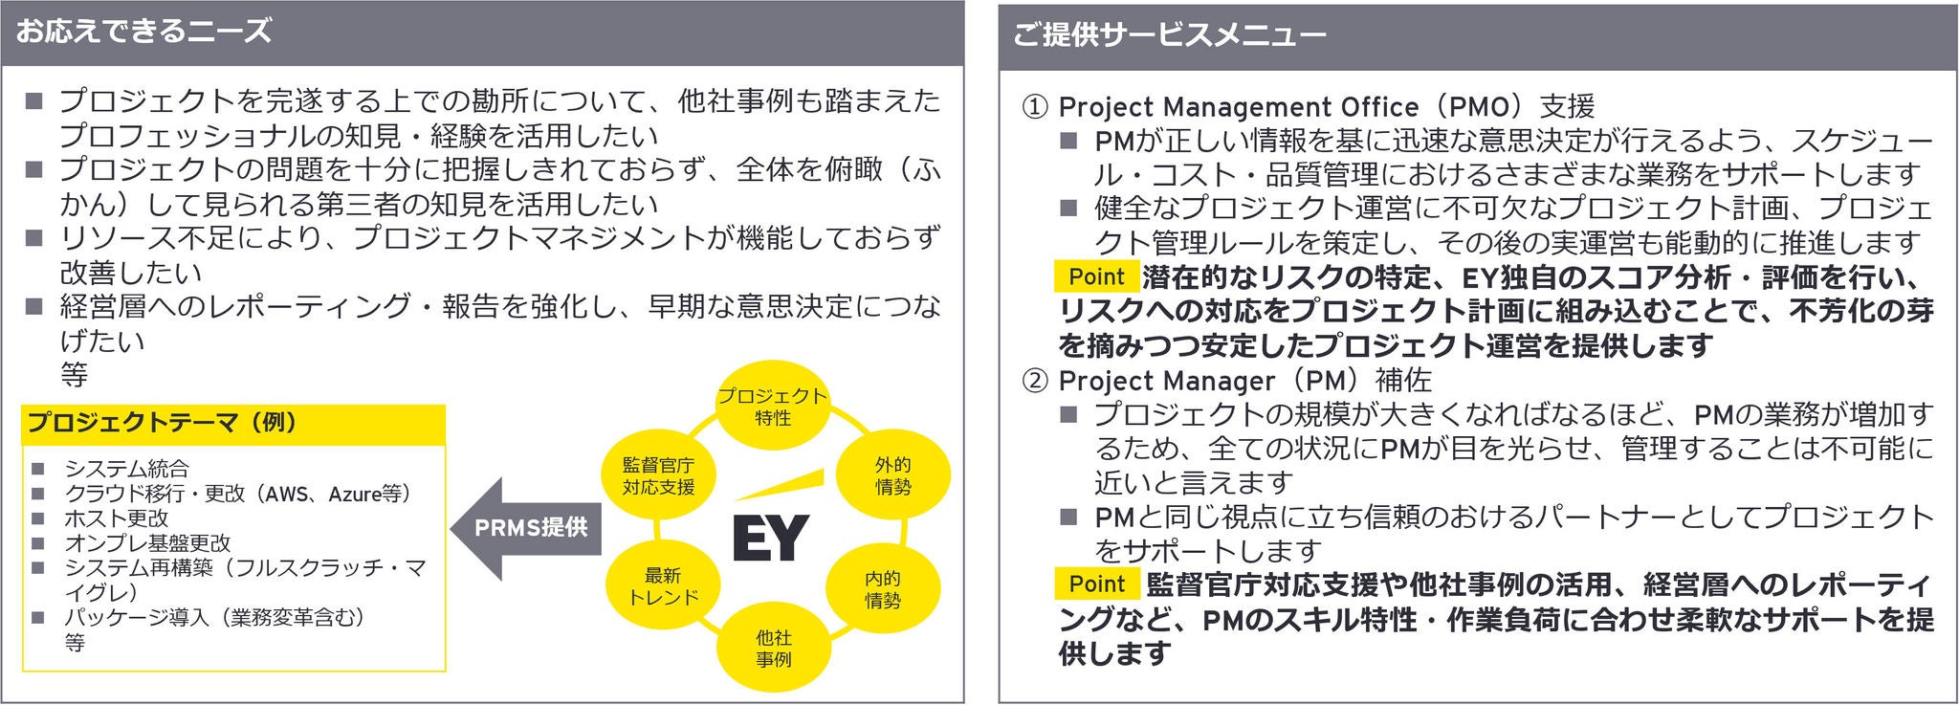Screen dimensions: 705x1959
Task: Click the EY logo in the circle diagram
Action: (x=771, y=538)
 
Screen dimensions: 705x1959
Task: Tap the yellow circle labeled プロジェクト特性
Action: (x=772, y=407)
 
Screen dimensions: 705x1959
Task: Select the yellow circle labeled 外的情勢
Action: (x=892, y=475)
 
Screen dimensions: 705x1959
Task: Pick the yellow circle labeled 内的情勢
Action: (x=882, y=589)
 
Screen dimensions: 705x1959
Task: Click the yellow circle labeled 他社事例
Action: (x=773, y=648)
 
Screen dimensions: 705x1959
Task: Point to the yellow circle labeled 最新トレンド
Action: (x=662, y=586)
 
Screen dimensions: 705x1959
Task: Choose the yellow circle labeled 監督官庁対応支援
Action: (x=658, y=475)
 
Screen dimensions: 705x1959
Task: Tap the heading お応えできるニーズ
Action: (x=143, y=32)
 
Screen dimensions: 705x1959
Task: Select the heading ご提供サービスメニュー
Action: (x=1169, y=35)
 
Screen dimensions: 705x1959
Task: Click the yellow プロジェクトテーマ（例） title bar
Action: (x=233, y=423)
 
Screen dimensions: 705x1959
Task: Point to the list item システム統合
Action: (x=126, y=469)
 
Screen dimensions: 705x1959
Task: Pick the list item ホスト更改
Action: (x=116, y=518)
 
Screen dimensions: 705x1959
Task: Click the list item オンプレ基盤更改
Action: (x=147, y=543)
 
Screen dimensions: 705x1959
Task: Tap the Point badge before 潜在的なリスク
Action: (x=1096, y=276)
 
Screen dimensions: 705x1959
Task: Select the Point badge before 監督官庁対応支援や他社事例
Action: (x=1096, y=584)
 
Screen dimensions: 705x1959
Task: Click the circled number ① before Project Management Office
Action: (x=1035, y=106)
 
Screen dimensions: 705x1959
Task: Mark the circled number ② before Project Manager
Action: (x=1035, y=381)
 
